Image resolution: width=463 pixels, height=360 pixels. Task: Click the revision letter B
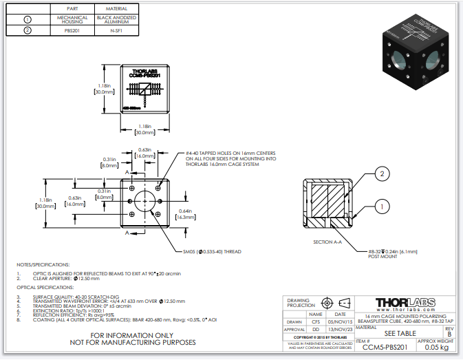click(x=449, y=334)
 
